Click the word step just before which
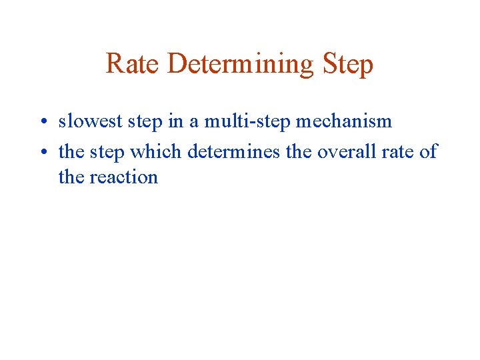click(106, 153)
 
